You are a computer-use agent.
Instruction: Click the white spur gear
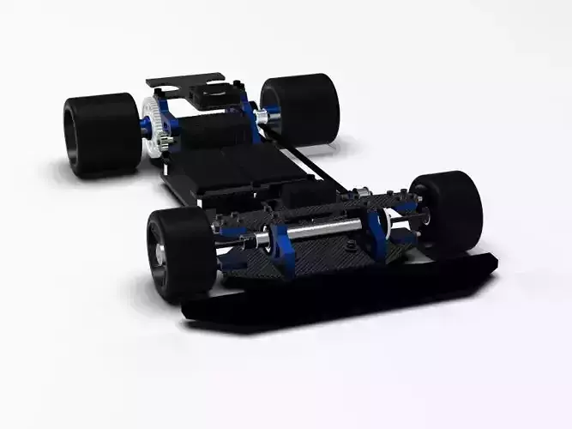(x=151, y=128)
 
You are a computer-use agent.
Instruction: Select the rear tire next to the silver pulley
(x=302, y=108)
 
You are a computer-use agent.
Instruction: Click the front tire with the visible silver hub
(x=180, y=252)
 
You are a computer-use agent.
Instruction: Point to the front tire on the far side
(x=447, y=212)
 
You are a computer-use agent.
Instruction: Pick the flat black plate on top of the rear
(x=184, y=82)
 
